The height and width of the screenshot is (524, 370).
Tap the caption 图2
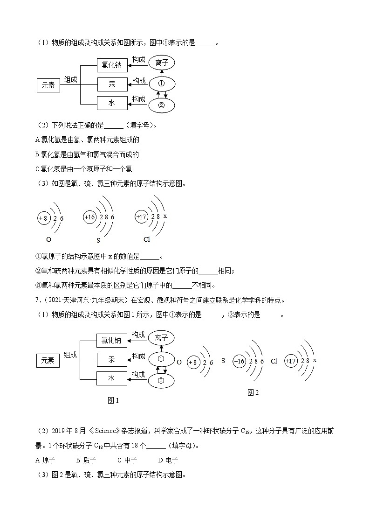253,392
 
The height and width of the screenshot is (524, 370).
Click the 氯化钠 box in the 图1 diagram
111,340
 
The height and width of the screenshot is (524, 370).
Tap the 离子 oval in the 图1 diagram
161,338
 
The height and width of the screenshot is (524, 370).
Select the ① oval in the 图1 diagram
161,359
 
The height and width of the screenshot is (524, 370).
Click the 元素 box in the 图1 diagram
48,360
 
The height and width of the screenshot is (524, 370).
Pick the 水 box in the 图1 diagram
111,378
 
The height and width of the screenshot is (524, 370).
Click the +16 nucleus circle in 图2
240,362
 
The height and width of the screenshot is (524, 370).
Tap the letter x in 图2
315,361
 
